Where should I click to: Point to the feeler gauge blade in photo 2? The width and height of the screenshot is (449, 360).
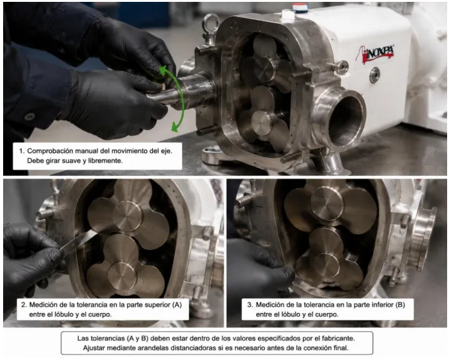pyautogui.click(x=81, y=240)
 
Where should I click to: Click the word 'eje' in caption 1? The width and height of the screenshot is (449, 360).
pyautogui.click(x=166, y=151)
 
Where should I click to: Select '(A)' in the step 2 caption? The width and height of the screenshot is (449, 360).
pyautogui.click(x=177, y=304)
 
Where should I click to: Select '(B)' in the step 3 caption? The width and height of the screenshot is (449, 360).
pyautogui.click(x=400, y=304)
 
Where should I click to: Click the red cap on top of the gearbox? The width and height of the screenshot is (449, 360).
pyautogui.click(x=299, y=7)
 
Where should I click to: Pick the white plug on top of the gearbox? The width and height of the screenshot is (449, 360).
pyautogui.click(x=287, y=14)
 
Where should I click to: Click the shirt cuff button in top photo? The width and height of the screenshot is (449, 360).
pyautogui.click(x=29, y=116)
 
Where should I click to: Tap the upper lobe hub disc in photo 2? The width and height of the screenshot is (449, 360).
pyautogui.click(x=128, y=215)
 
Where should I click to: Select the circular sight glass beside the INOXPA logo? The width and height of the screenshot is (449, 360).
pyautogui.click(x=374, y=75)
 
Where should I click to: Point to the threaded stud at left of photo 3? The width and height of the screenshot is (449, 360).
pyautogui.click(x=244, y=201)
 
